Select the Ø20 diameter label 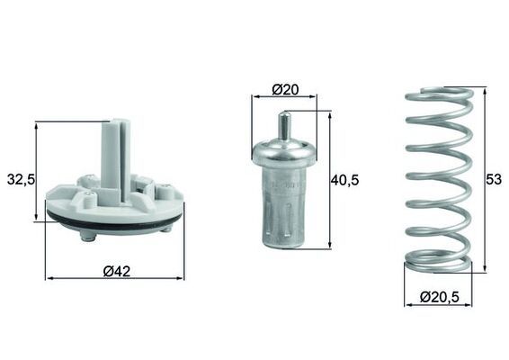pyautogui.click(x=284, y=89)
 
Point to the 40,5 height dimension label pyautogui.click(x=344, y=180)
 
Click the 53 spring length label pyautogui.click(x=494, y=180)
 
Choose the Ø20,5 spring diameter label pyautogui.click(x=439, y=296)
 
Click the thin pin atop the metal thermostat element pyautogui.click(x=284, y=125)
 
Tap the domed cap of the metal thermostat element pyautogui.click(x=284, y=152)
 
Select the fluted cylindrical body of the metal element pyautogui.click(x=284, y=211)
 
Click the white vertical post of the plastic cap pyautogui.click(x=114, y=157)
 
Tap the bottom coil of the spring pyautogui.click(x=437, y=264)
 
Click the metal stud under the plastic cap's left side pyautogui.click(x=87, y=236)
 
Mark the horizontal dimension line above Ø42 pyautogui.click(x=114, y=279)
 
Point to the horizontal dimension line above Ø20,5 pyautogui.click(x=439, y=305)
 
